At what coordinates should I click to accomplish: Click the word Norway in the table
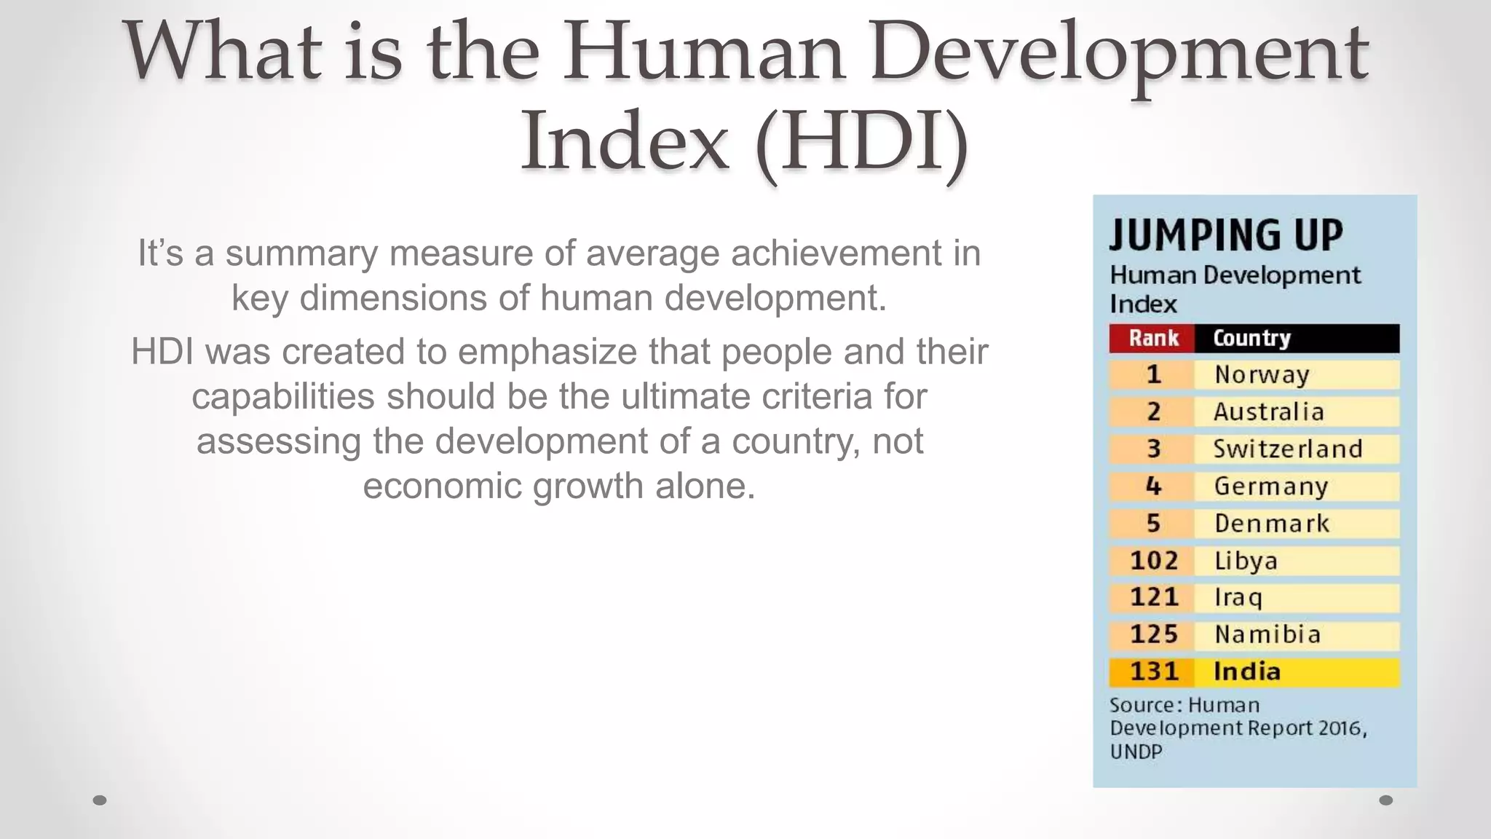(x=1262, y=374)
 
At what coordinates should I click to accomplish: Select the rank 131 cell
(x=1153, y=671)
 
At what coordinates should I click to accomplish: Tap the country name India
(x=1246, y=671)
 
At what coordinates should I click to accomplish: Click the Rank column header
(x=1153, y=338)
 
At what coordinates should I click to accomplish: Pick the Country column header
(x=1251, y=338)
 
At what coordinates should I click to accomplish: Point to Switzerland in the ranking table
(x=1287, y=449)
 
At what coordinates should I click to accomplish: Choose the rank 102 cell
(x=1153, y=560)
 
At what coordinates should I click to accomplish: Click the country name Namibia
(x=1267, y=634)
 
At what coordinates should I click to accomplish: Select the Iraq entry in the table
(x=1238, y=597)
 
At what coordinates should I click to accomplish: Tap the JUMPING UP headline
(x=1226, y=235)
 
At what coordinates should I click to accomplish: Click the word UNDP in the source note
(x=1136, y=752)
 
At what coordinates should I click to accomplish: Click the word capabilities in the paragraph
(x=283, y=397)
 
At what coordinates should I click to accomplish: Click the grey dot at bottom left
(x=100, y=800)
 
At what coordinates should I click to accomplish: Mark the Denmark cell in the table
(x=1271, y=523)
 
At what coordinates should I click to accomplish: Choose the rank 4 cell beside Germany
(x=1153, y=486)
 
